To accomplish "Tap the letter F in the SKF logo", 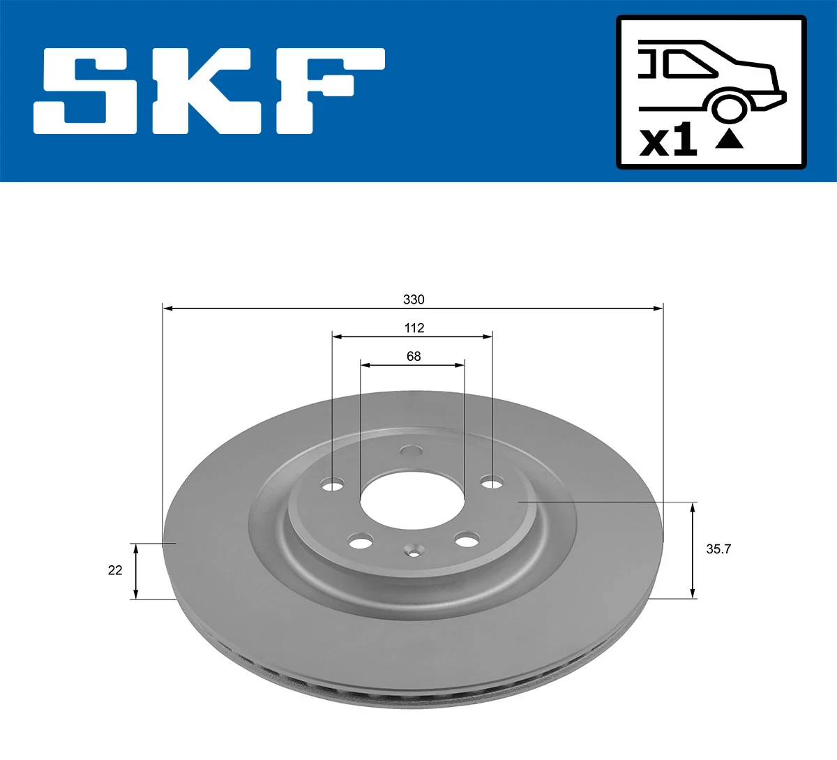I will click(328, 91).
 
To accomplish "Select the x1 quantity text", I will click(668, 140).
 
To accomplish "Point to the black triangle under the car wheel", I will click(730, 139).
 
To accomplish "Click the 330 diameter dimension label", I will click(414, 299).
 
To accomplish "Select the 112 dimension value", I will click(414, 328).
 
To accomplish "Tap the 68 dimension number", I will click(414, 357).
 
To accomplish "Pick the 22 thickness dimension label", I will click(115, 570).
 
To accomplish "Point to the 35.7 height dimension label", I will click(718, 549).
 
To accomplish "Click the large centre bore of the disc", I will click(412, 498).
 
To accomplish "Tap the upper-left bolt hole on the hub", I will click(333, 484).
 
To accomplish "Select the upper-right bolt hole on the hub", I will click(492, 482).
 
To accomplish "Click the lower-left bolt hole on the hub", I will click(361, 541).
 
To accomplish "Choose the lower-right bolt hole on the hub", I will click(467, 539).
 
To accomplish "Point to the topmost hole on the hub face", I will click(412, 452).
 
